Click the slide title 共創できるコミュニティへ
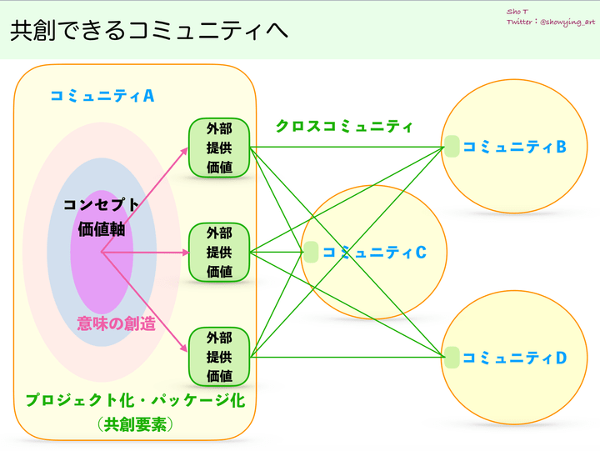point(149,30)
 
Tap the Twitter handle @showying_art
point(567,23)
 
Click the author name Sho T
point(517,12)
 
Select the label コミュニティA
point(102,96)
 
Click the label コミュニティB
point(514,147)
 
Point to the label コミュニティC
point(374,253)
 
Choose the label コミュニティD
point(514,358)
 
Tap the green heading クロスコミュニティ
point(344,126)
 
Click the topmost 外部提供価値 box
point(219,148)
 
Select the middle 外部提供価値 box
point(219,253)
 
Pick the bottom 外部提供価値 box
point(219,357)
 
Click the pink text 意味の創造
point(117,323)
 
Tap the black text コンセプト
point(101,205)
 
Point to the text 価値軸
point(102,229)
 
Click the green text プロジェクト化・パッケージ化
point(135,400)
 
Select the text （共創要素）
point(135,424)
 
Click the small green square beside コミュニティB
point(452,146)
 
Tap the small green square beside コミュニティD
point(452,358)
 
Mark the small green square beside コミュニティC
point(311,253)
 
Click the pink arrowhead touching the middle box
point(186,253)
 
